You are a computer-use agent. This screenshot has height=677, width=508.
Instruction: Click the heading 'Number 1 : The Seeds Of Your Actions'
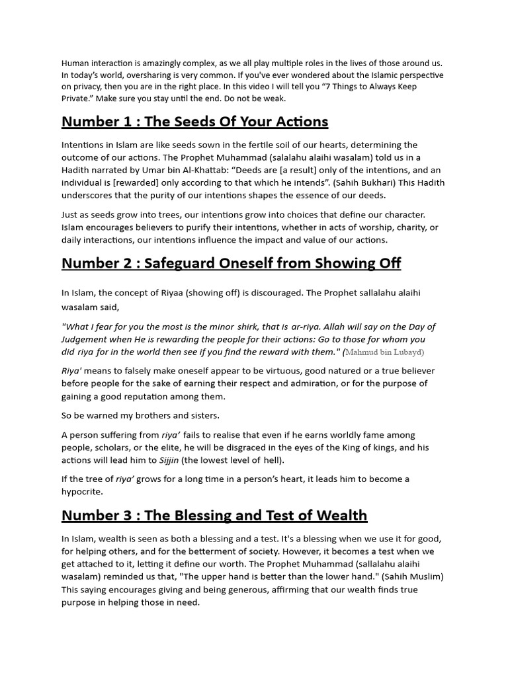(x=194, y=122)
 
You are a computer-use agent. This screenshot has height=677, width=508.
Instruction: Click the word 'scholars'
(x=116, y=448)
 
